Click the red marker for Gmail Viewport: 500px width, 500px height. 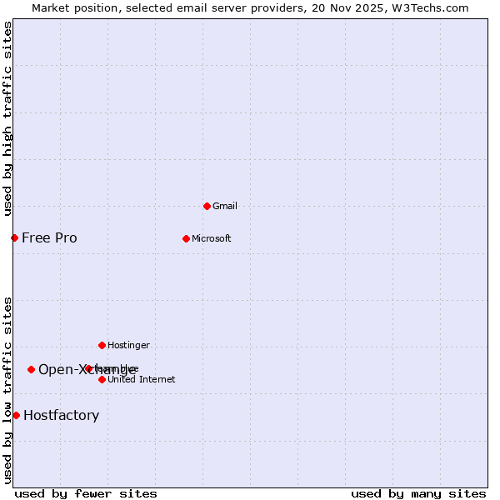(x=207, y=206)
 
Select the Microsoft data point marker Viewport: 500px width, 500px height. (x=186, y=238)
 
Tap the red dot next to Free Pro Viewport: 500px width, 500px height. (x=14, y=237)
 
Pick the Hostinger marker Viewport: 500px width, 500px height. (x=102, y=345)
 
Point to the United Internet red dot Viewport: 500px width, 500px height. (x=102, y=379)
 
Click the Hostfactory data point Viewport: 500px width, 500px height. (x=16, y=415)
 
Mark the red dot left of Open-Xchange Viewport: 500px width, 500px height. (x=31, y=369)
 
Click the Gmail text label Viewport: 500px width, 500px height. (x=225, y=206)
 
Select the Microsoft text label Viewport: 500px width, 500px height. (x=212, y=238)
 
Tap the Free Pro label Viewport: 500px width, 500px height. (x=49, y=237)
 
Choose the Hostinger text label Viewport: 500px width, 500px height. (x=128, y=345)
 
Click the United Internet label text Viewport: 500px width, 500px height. (x=142, y=379)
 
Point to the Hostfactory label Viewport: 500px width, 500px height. (x=61, y=415)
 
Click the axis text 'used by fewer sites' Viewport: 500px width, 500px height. (x=86, y=493)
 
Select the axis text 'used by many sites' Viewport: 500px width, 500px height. (x=418, y=493)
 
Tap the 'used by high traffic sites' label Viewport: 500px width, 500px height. (x=8, y=118)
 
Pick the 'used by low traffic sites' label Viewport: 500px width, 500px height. (x=8, y=389)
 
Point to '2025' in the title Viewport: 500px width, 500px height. (x=365, y=7)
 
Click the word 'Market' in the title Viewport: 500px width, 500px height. (x=51, y=7)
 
